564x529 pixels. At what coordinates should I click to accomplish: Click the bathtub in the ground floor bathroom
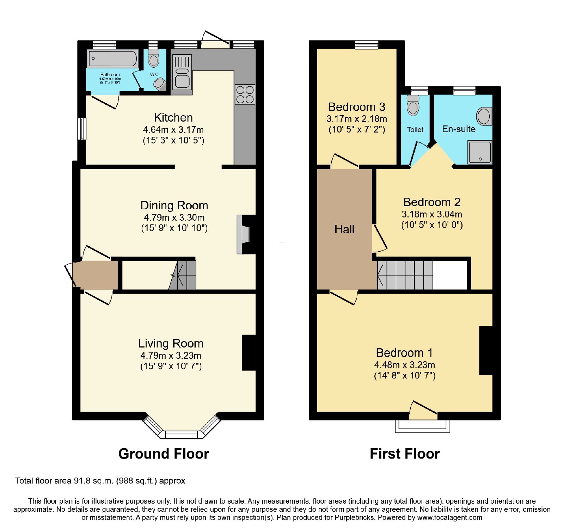coord(112,59)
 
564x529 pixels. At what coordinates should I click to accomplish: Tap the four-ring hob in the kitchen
coord(245,94)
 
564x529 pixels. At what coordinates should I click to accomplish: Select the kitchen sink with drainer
coord(182,72)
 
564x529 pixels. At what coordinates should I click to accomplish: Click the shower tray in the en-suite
coord(479,152)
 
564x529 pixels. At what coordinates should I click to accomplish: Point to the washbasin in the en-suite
coord(484,116)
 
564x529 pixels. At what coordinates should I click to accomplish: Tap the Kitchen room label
coord(173,117)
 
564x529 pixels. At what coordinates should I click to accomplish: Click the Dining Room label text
coord(174,205)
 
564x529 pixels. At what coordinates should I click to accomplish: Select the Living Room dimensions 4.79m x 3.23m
coord(171,356)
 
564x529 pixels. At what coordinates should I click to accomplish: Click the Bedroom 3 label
coord(357,107)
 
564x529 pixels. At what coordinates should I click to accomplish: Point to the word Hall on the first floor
coord(344,229)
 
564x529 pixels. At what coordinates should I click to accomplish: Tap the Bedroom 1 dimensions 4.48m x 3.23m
coord(405,365)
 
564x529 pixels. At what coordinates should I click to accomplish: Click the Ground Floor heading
coord(164,454)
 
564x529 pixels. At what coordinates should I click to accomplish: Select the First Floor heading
coord(405,454)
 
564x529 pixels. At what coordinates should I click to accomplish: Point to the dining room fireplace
coord(243,234)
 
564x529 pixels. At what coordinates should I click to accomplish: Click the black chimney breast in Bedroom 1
coord(486,350)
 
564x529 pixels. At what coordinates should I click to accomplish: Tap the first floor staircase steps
coord(405,275)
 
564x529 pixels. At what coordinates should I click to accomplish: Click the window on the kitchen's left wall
coord(82,129)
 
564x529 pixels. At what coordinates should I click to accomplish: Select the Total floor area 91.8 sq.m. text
coord(100,481)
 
